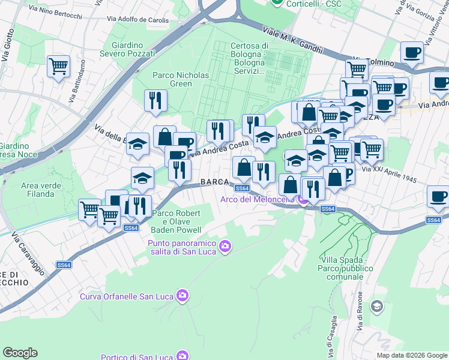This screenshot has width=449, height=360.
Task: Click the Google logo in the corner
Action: point(20,353)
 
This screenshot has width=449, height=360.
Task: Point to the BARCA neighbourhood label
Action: point(214,182)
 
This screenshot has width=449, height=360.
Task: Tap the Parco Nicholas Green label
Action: point(180,79)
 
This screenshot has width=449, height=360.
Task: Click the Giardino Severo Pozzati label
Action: point(131,49)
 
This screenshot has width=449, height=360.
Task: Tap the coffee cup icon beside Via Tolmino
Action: point(412,53)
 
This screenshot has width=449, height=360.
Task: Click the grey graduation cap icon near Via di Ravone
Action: point(376,307)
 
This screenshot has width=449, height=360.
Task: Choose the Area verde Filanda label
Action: point(41,190)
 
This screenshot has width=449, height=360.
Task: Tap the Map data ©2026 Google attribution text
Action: point(411,355)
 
